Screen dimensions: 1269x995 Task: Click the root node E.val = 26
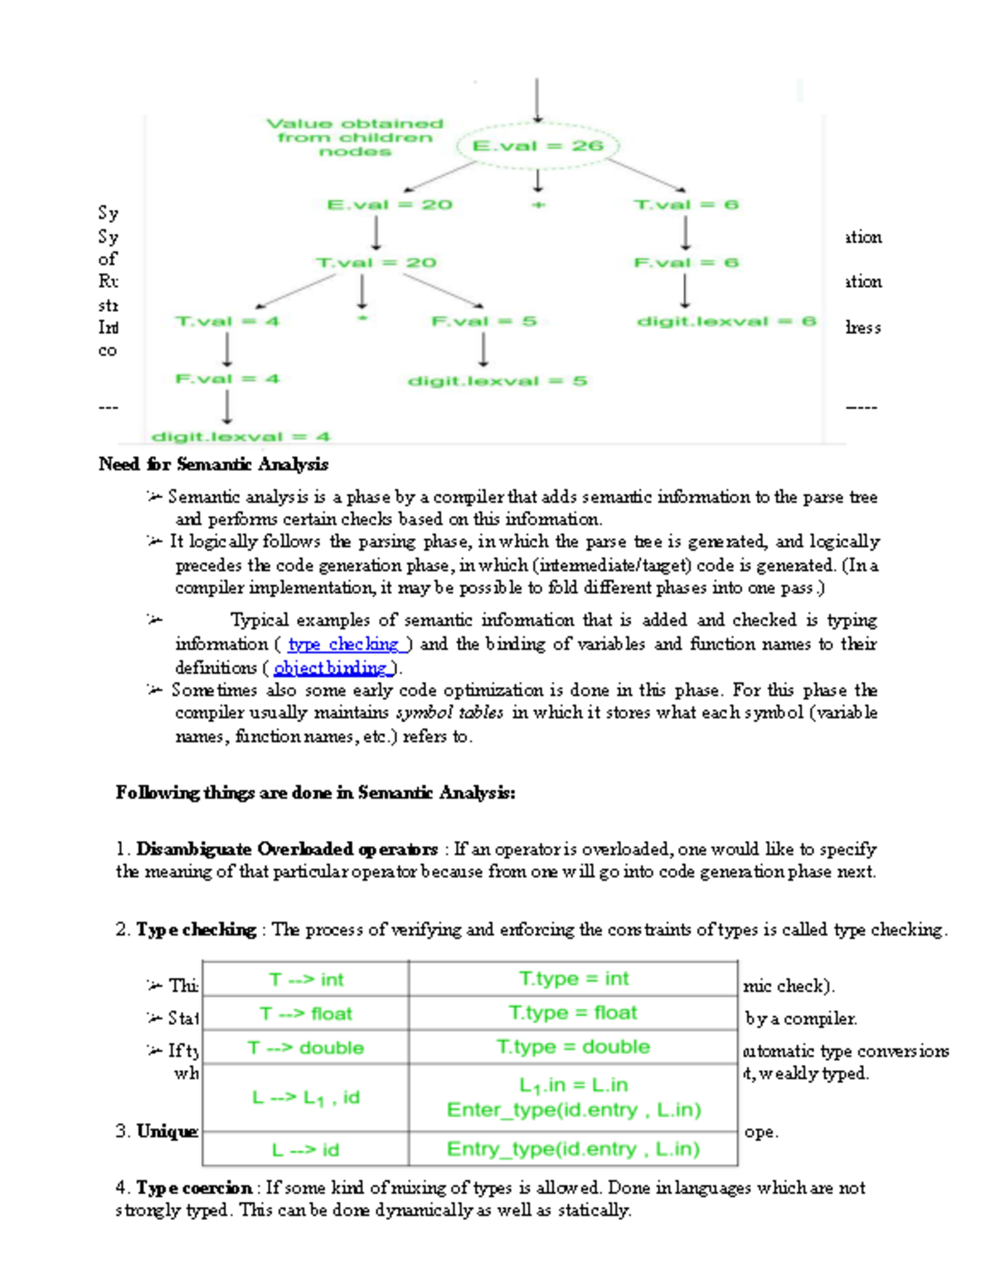click(x=537, y=146)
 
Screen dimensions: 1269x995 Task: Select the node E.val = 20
click(x=389, y=205)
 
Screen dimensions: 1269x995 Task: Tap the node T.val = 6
click(x=686, y=205)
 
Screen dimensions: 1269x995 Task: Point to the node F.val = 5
click(x=483, y=321)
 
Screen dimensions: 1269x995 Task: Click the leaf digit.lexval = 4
click(x=240, y=436)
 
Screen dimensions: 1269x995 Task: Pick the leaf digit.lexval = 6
click(x=726, y=321)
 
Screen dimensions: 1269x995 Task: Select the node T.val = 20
click(x=376, y=263)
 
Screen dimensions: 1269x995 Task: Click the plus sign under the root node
click(x=538, y=205)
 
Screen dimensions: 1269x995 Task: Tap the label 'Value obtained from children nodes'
click(x=354, y=137)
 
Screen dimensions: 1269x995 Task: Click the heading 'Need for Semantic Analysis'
click(x=213, y=464)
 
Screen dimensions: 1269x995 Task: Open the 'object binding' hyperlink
click(x=331, y=668)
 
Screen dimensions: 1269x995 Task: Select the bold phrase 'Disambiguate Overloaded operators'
click(x=287, y=849)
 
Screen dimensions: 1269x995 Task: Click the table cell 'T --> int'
click(x=306, y=980)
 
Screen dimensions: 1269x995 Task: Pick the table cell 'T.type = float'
click(x=572, y=1013)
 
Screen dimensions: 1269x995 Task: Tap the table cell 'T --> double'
click(x=306, y=1048)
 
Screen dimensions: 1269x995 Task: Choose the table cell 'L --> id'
click(x=306, y=1150)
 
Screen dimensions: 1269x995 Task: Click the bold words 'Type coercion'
click(x=194, y=1188)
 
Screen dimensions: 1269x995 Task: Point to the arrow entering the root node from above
click(x=537, y=100)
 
